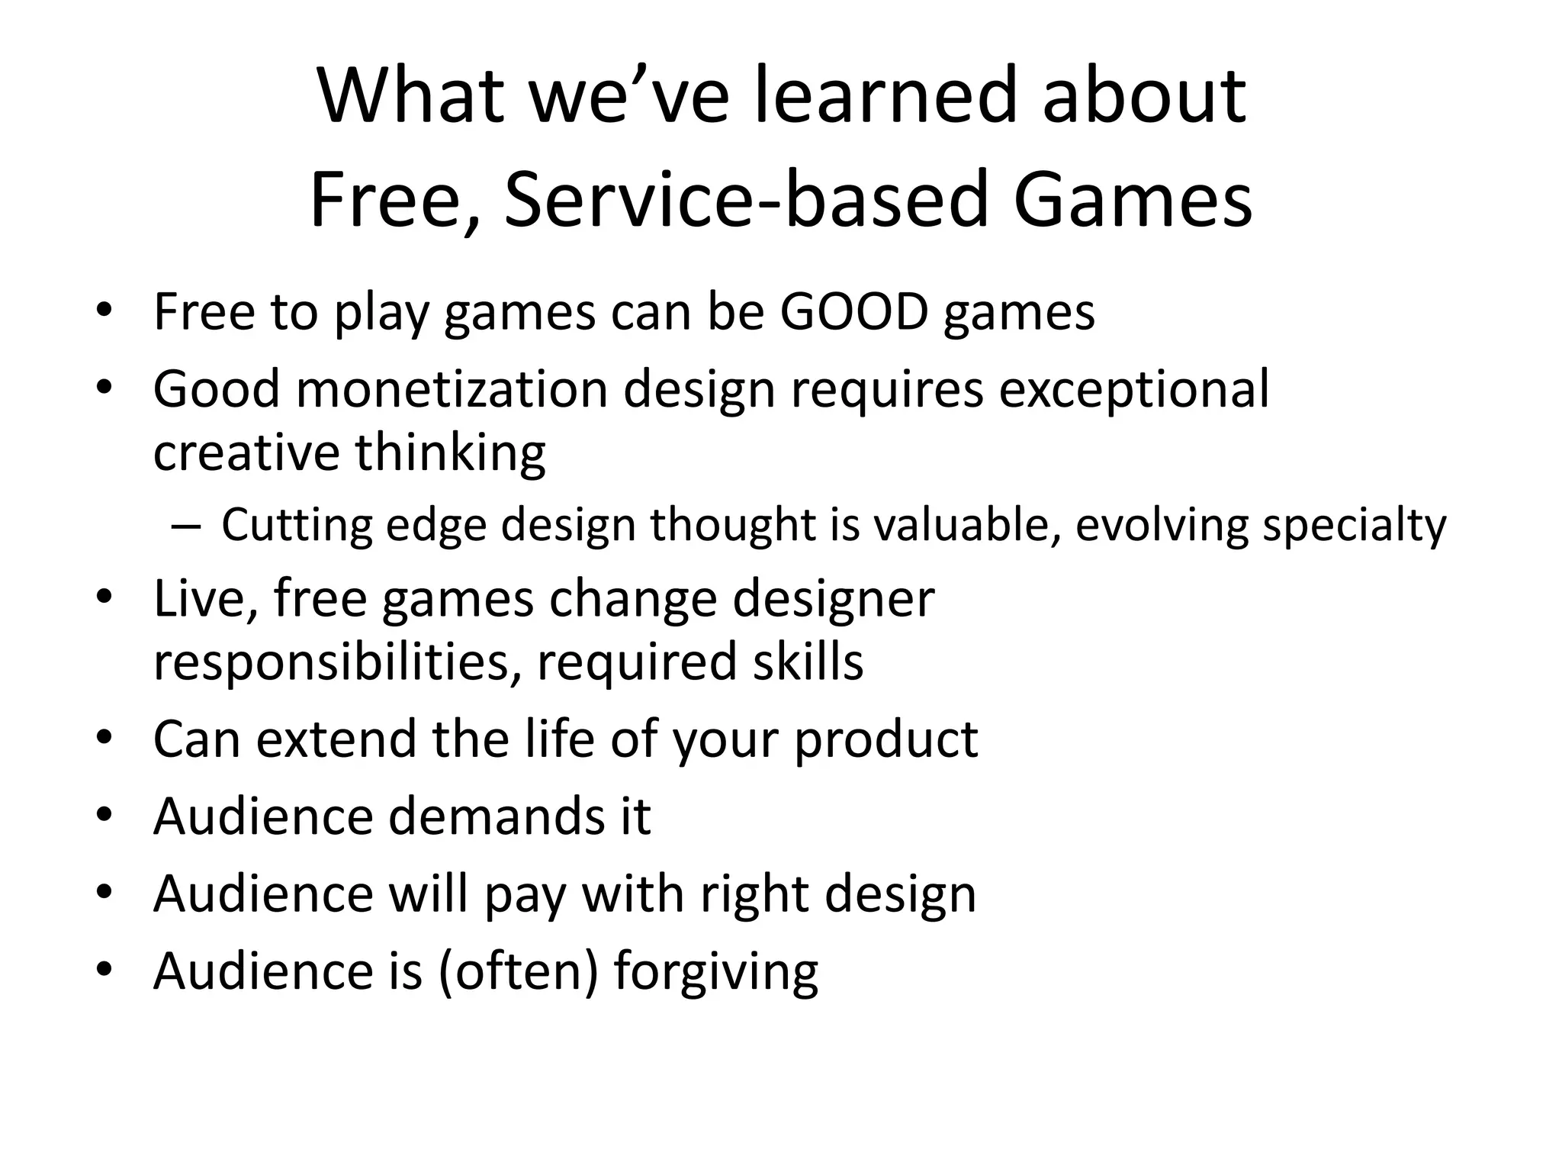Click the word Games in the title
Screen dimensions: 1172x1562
[1132, 200]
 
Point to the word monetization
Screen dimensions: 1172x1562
[452, 389]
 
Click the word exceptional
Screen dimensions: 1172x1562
[1134, 389]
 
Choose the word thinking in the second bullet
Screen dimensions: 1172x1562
[450, 452]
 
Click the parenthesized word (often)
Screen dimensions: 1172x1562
[519, 971]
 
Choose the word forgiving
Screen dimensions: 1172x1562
[715, 973]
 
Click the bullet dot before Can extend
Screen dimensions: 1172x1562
[104, 739]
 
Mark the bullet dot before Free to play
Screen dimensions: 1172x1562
[104, 311]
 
